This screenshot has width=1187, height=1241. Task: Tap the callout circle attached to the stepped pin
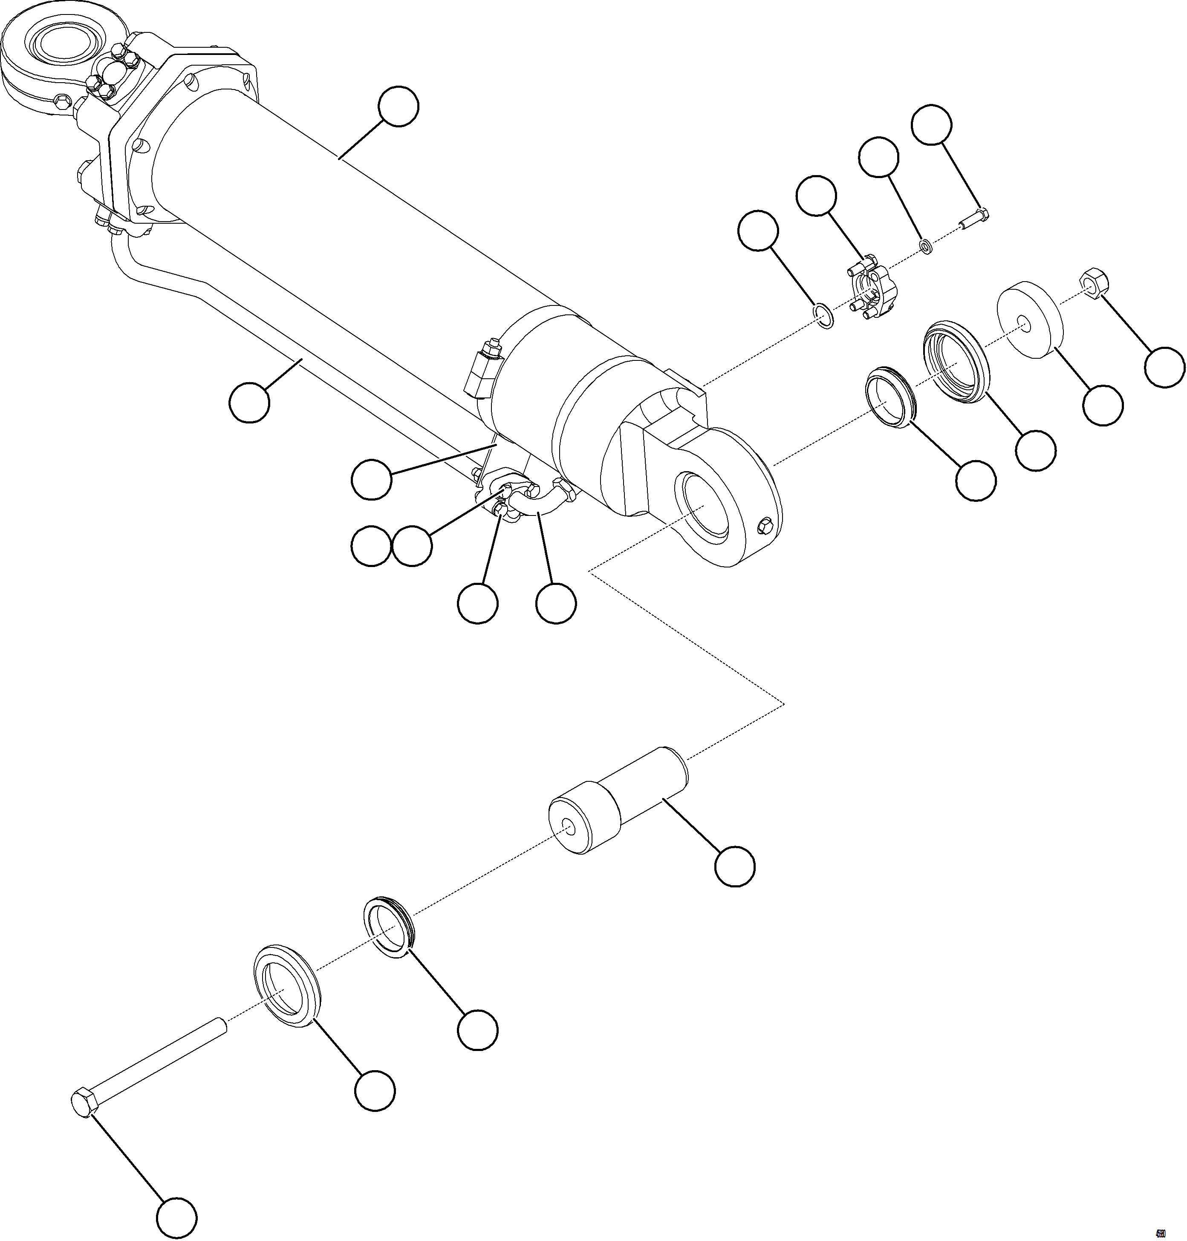735,866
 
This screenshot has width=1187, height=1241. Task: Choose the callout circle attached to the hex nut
1165,367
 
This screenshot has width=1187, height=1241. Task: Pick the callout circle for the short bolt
931,125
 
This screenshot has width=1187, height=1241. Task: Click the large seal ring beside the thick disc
957,362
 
